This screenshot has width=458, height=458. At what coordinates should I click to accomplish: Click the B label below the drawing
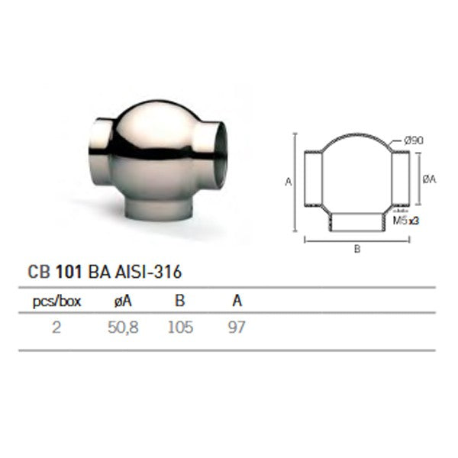tap(356, 248)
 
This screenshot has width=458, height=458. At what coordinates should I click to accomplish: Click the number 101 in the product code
tap(63, 270)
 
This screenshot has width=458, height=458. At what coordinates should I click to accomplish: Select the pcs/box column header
tap(56, 302)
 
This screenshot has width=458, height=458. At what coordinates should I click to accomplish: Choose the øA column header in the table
tap(122, 302)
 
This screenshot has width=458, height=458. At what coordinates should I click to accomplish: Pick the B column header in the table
tap(179, 302)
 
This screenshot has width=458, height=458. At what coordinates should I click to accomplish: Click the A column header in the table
tap(237, 302)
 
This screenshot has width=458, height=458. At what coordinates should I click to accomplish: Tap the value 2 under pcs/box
tap(56, 328)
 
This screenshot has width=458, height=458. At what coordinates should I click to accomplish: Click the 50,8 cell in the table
tap(122, 328)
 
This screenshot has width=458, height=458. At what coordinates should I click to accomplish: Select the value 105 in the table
tap(180, 328)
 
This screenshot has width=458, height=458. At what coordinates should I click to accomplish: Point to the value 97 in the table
tap(237, 328)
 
